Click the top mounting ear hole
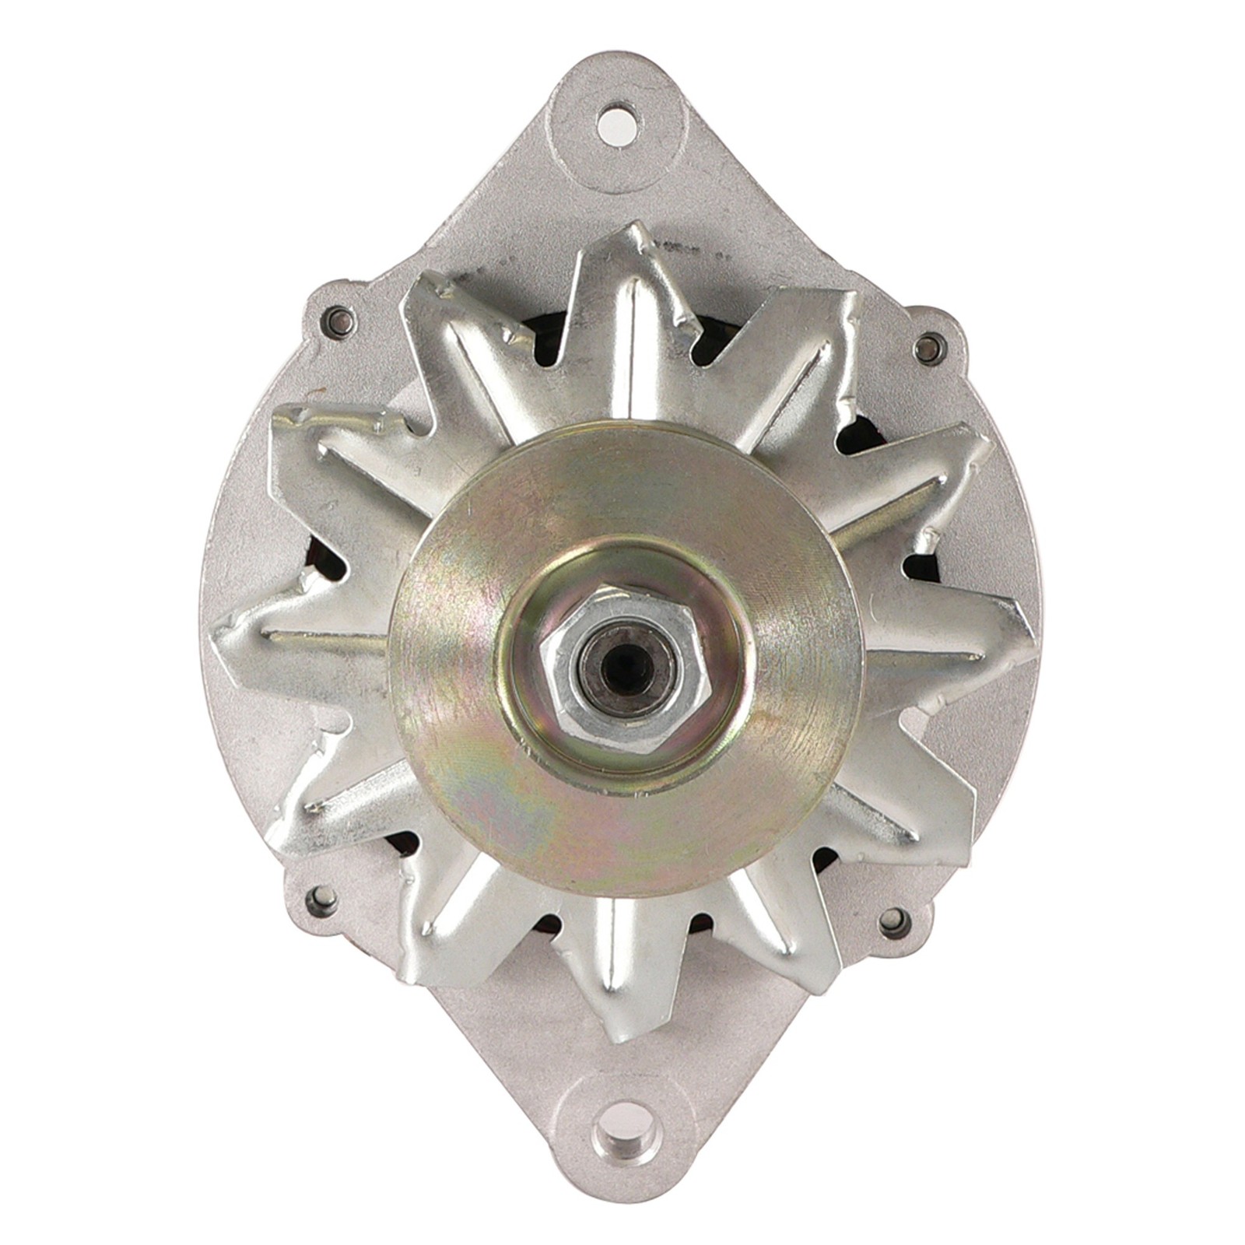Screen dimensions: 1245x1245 (617, 124)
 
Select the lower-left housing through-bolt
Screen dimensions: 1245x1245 (321, 900)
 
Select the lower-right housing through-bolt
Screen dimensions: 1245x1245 (894, 923)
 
